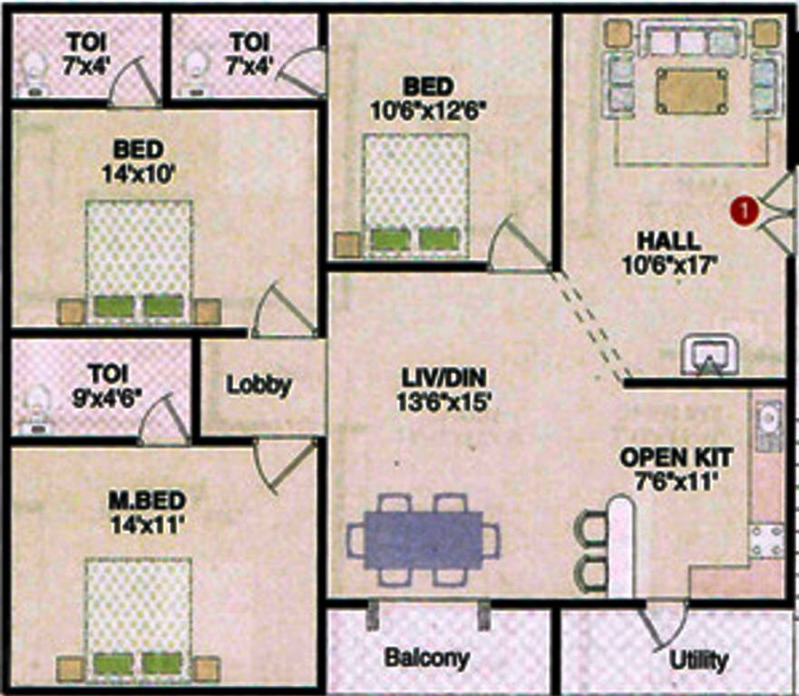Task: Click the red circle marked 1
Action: click(x=743, y=210)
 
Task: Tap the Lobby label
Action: click(x=258, y=384)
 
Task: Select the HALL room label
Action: click(x=667, y=242)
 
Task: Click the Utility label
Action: click(x=697, y=660)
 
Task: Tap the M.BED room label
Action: click(x=139, y=501)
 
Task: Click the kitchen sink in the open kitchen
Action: click(x=767, y=421)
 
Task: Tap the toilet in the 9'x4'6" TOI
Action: click(x=36, y=409)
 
